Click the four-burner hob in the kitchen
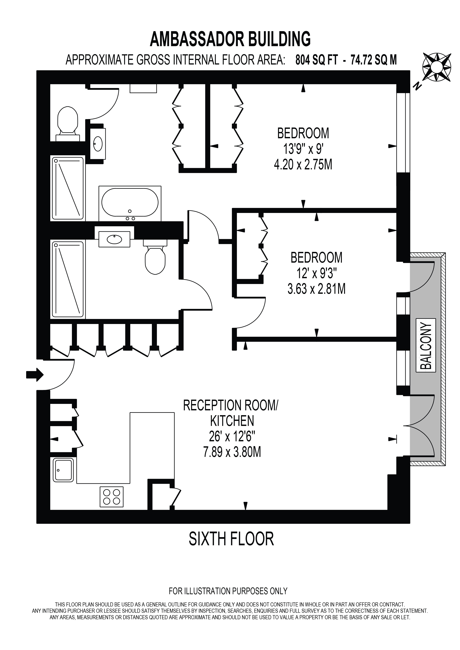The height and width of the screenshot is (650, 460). point(112,497)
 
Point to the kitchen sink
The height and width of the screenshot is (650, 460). point(63,470)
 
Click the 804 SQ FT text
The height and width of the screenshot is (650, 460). point(316,60)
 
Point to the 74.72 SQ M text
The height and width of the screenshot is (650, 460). point(374,60)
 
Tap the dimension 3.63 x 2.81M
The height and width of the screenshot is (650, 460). point(316,289)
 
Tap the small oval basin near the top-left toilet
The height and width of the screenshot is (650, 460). point(98,144)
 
